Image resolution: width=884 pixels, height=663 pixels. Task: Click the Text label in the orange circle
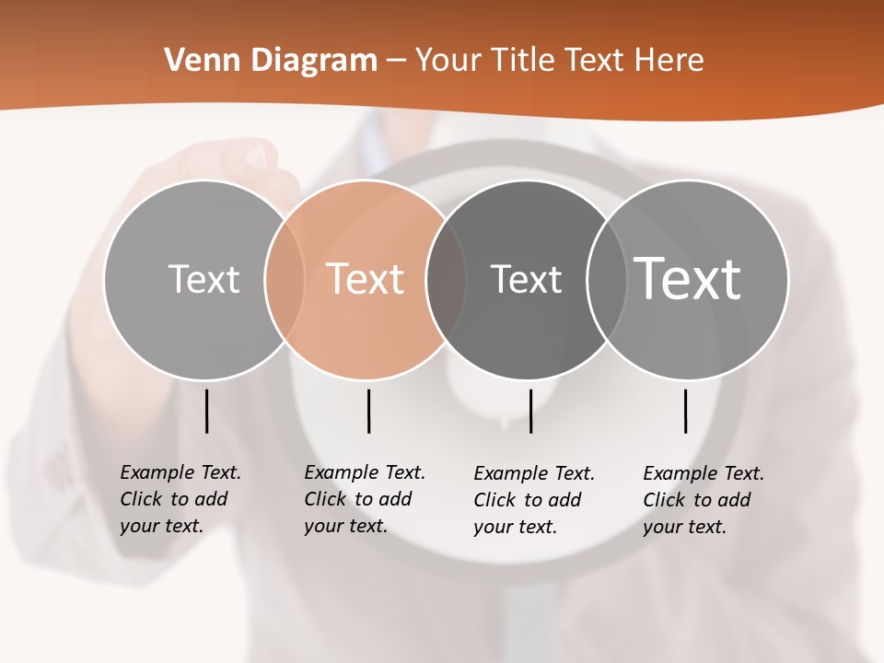tap(366, 279)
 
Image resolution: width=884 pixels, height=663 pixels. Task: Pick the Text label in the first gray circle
tap(204, 279)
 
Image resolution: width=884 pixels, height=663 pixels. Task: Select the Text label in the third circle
tap(526, 279)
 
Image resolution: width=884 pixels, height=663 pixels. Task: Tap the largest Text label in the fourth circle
tap(688, 278)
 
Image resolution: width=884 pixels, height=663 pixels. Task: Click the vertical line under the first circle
tap(206, 411)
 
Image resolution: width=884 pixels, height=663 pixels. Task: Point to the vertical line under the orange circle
tap(368, 411)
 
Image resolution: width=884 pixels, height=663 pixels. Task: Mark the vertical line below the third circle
tap(530, 411)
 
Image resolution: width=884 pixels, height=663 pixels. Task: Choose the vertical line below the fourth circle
tap(685, 411)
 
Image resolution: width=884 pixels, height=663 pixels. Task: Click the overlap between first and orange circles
tap(285, 279)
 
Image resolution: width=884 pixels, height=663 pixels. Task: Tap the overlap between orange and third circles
tap(446, 279)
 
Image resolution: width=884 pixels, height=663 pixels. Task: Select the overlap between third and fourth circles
tap(607, 279)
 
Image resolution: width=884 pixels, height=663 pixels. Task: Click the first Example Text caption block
tap(180, 499)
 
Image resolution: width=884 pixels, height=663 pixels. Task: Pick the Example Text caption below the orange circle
tap(364, 499)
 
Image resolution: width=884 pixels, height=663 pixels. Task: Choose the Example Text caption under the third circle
tap(533, 500)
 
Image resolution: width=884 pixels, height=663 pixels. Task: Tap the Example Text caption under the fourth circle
tap(703, 500)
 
